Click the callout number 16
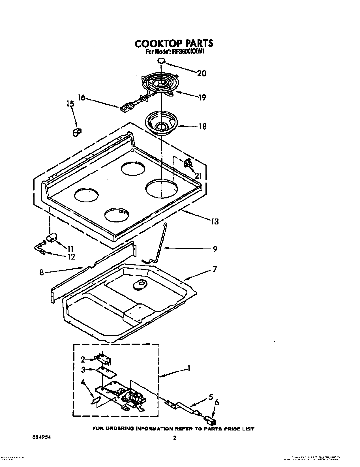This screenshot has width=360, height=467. tap(81, 98)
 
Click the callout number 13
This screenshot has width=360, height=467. tap(215, 221)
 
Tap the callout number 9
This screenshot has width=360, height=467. tap(215, 249)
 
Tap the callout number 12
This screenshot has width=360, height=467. tap(71, 257)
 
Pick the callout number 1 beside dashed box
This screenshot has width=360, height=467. tap(188, 369)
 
